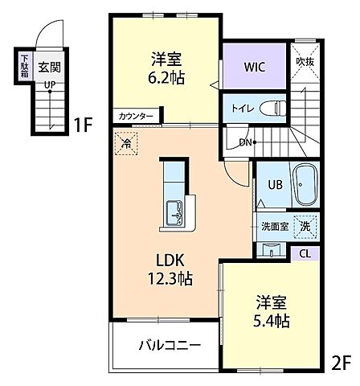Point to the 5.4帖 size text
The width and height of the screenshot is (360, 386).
272,320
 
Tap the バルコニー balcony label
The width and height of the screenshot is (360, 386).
169,346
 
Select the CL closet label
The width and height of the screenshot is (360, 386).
303,253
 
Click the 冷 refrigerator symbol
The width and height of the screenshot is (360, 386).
127,146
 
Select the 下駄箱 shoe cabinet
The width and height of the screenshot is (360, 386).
25,64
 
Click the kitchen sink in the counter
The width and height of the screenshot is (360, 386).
175,213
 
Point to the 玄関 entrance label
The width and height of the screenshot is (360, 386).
49,68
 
